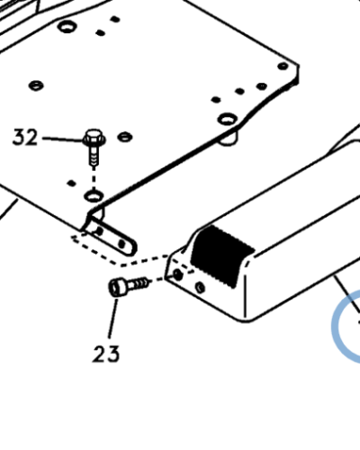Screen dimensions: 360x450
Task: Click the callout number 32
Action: pos(25,138)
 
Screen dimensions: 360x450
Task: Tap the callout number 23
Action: pos(106,354)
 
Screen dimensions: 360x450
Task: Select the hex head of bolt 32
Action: pos(94,138)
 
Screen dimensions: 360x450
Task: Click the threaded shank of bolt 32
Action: pos(94,156)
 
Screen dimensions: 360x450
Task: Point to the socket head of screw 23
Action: pos(117,287)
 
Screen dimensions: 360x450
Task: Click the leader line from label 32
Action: pos(63,139)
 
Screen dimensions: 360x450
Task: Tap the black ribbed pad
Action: pos(222,256)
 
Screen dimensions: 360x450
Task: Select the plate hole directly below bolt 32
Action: pos(94,196)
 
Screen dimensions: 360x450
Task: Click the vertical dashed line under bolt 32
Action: pos(94,177)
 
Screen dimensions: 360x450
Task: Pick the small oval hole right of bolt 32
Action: pos(125,137)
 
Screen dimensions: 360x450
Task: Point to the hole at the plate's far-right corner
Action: pos(283,67)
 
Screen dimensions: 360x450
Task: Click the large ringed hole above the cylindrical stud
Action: pos(227,119)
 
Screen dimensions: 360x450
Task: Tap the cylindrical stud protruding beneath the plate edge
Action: pos(229,139)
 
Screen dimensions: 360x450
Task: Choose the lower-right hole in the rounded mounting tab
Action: pos(121,244)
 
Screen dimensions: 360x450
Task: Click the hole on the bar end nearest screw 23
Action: pos(178,274)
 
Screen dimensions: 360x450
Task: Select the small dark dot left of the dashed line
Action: pos(71,183)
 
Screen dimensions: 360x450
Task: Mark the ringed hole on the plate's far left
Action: pos(36,85)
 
